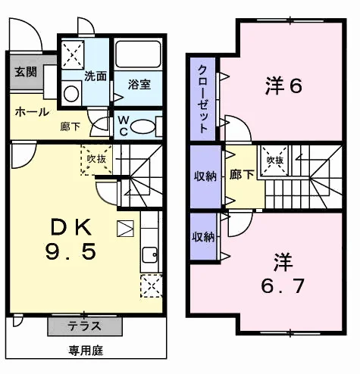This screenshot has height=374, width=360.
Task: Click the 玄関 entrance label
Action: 26,72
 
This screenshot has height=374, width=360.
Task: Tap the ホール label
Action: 32,112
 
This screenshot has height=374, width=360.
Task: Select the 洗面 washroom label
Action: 95,76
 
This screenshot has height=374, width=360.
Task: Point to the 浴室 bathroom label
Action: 139,84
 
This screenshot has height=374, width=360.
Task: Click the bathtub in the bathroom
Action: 138,55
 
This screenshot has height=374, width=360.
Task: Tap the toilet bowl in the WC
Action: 142,126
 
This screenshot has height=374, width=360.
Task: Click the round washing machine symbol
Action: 71,94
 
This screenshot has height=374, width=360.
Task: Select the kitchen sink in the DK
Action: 150,255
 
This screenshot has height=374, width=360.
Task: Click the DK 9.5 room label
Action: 71,238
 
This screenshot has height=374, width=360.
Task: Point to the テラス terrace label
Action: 85,326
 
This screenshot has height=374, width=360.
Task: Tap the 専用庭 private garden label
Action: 86,351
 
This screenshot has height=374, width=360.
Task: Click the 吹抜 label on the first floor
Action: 96,159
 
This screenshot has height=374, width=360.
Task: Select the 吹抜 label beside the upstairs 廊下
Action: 275,160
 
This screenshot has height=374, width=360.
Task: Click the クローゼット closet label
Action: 203,98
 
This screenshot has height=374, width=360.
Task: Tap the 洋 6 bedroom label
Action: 283,86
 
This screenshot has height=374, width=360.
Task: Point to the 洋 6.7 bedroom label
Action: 283,274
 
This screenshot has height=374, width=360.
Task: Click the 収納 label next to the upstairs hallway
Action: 205,176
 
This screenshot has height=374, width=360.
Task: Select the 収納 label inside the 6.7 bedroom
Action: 203,237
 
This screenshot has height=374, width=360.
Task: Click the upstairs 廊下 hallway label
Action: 242,175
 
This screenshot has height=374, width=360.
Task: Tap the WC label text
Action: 123,126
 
